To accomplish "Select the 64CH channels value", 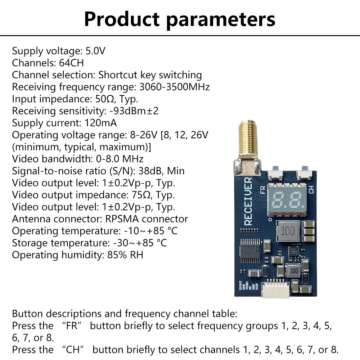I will (71, 63).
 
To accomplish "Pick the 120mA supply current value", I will (100, 123).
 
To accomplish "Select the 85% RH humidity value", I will (125, 255).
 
